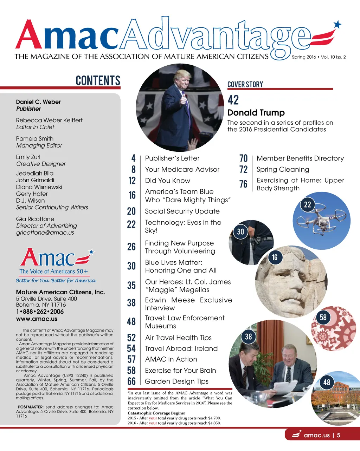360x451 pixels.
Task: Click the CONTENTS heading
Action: tap(98, 80)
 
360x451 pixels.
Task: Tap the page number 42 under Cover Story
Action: tap(233, 100)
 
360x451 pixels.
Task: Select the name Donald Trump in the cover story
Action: tap(256, 113)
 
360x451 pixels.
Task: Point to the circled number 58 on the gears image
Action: tap(323, 318)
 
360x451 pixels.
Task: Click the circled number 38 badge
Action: tap(249, 337)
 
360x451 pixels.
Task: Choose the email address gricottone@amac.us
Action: tap(45, 233)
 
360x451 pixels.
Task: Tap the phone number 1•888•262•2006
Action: tap(40, 312)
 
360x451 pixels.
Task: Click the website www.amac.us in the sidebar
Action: tap(37, 319)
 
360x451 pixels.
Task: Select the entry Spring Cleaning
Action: tap(283, 170)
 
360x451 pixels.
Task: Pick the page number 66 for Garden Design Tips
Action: tap(131, 381)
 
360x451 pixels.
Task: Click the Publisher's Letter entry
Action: tap(172, 158)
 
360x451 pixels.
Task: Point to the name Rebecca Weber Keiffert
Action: tap(49, 120)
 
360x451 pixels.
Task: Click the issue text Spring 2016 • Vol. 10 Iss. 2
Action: tap(319, 57)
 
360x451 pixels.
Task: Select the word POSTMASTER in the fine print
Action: tap(31, 407)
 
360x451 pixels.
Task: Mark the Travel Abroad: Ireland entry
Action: tap(181, 348)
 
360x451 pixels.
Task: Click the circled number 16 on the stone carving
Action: tap(275, 257)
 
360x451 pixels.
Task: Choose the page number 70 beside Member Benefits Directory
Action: tap(243, 158)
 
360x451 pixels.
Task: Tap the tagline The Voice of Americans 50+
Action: tap(54, 271)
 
